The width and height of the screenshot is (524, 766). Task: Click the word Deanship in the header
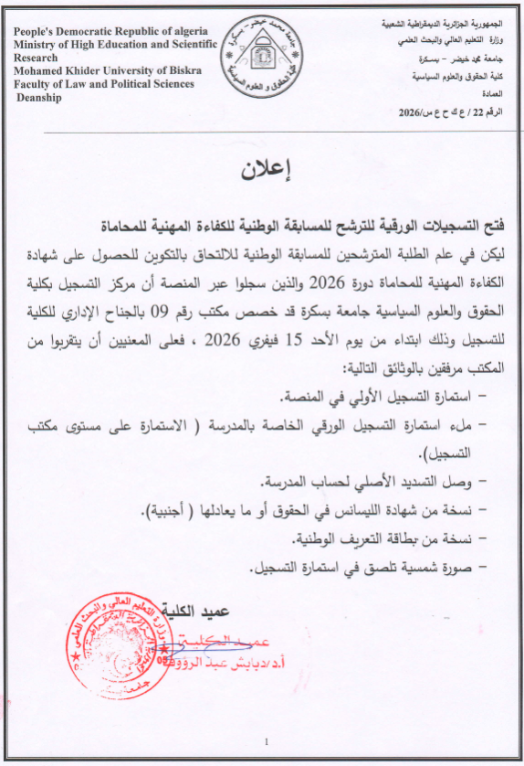[38, 98]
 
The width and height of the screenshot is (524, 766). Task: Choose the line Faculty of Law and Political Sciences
[104, 84]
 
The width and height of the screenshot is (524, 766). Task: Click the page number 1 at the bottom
[265, 740]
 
